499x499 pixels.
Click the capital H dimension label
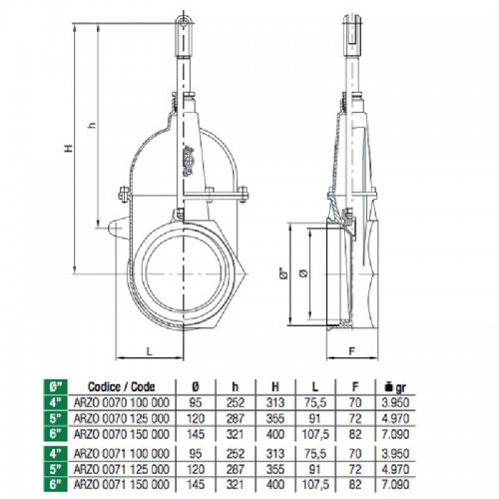click(69, 148)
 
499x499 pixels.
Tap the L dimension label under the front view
click(150, 351)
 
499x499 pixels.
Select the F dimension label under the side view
click(352, 351)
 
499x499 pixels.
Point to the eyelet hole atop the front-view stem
click(183, 23)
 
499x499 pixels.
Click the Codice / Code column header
click(122, 387)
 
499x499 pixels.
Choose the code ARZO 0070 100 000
click(122, 402)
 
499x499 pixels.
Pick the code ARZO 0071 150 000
click(122, 484)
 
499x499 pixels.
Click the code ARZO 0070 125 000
click(122, 418)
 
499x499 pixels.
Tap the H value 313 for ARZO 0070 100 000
click(275, 402)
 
